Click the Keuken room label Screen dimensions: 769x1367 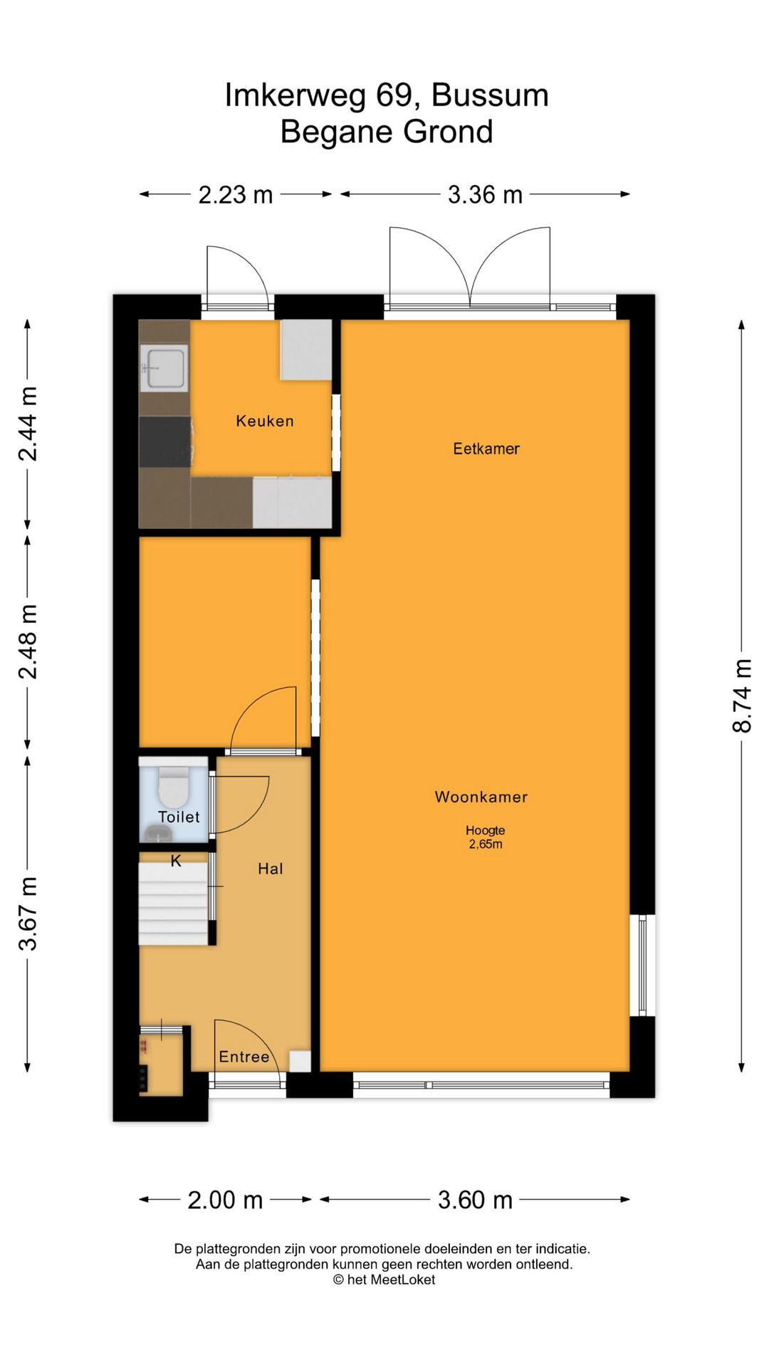coord(265,421)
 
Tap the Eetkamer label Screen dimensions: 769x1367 coord(486,449)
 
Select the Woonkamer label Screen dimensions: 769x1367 coord(481,797)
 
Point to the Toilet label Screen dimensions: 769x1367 coord(179,817)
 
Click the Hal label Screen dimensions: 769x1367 coord(271,869)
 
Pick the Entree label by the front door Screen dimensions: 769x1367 coord(244,1057)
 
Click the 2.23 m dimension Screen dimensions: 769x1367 coord(236,194)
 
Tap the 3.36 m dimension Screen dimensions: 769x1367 coord(485,194)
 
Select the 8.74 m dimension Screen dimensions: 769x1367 coord(742,696)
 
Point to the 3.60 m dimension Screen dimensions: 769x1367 coord(475,1200)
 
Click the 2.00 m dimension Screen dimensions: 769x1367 coord(226,1200)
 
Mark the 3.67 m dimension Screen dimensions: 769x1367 coord(28,913)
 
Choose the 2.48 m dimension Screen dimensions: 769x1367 coord(28,641)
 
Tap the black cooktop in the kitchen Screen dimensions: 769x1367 coord(165,442)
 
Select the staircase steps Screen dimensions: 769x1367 coord(174,904)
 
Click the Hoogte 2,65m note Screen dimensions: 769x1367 coord(486,837)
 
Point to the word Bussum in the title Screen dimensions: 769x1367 coord(490,95)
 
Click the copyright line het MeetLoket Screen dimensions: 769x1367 coord(384,1279)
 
